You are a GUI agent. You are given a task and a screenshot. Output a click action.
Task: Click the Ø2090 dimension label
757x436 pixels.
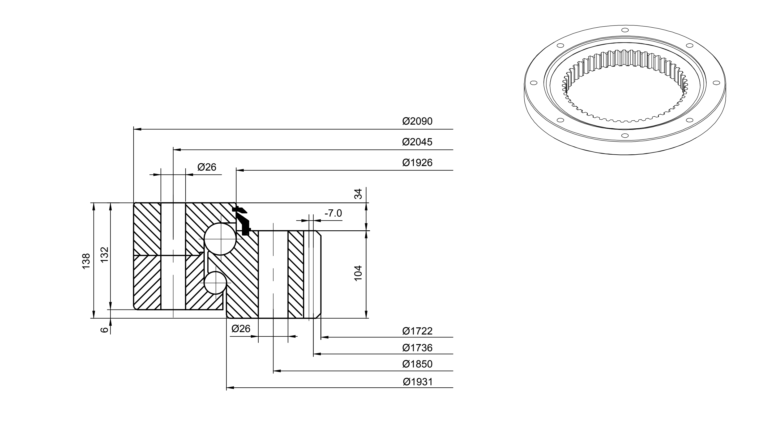[417, 121]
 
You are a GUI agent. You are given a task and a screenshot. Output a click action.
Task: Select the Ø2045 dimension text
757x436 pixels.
[417, 142]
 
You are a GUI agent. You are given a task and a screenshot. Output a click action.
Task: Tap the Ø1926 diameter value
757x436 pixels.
[417, 163]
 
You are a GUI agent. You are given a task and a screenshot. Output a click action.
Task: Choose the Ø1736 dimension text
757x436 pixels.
[417, 348]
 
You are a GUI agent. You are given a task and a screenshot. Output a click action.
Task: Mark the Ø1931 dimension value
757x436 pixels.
[418, 382]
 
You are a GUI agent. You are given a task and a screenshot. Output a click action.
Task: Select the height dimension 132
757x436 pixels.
[104, 255]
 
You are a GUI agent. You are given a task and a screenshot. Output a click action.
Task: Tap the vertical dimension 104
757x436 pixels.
[358, 273]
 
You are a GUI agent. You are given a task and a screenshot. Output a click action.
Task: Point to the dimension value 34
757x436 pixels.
[358, 194]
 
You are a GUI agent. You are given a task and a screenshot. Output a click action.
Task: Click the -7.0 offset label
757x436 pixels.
[333, 213]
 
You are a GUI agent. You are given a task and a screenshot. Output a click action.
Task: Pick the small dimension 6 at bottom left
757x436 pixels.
[104, 330]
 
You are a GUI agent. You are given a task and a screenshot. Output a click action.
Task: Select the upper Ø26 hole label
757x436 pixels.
[207, 167]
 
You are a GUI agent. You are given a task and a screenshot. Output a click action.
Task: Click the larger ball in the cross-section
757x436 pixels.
[220, 239]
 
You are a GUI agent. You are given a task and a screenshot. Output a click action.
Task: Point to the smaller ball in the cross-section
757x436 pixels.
[215, 283]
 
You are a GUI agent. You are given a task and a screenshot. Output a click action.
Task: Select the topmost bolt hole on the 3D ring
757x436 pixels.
[625, 30]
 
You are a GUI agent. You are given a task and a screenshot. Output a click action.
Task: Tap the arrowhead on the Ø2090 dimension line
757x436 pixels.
[137, 129]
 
